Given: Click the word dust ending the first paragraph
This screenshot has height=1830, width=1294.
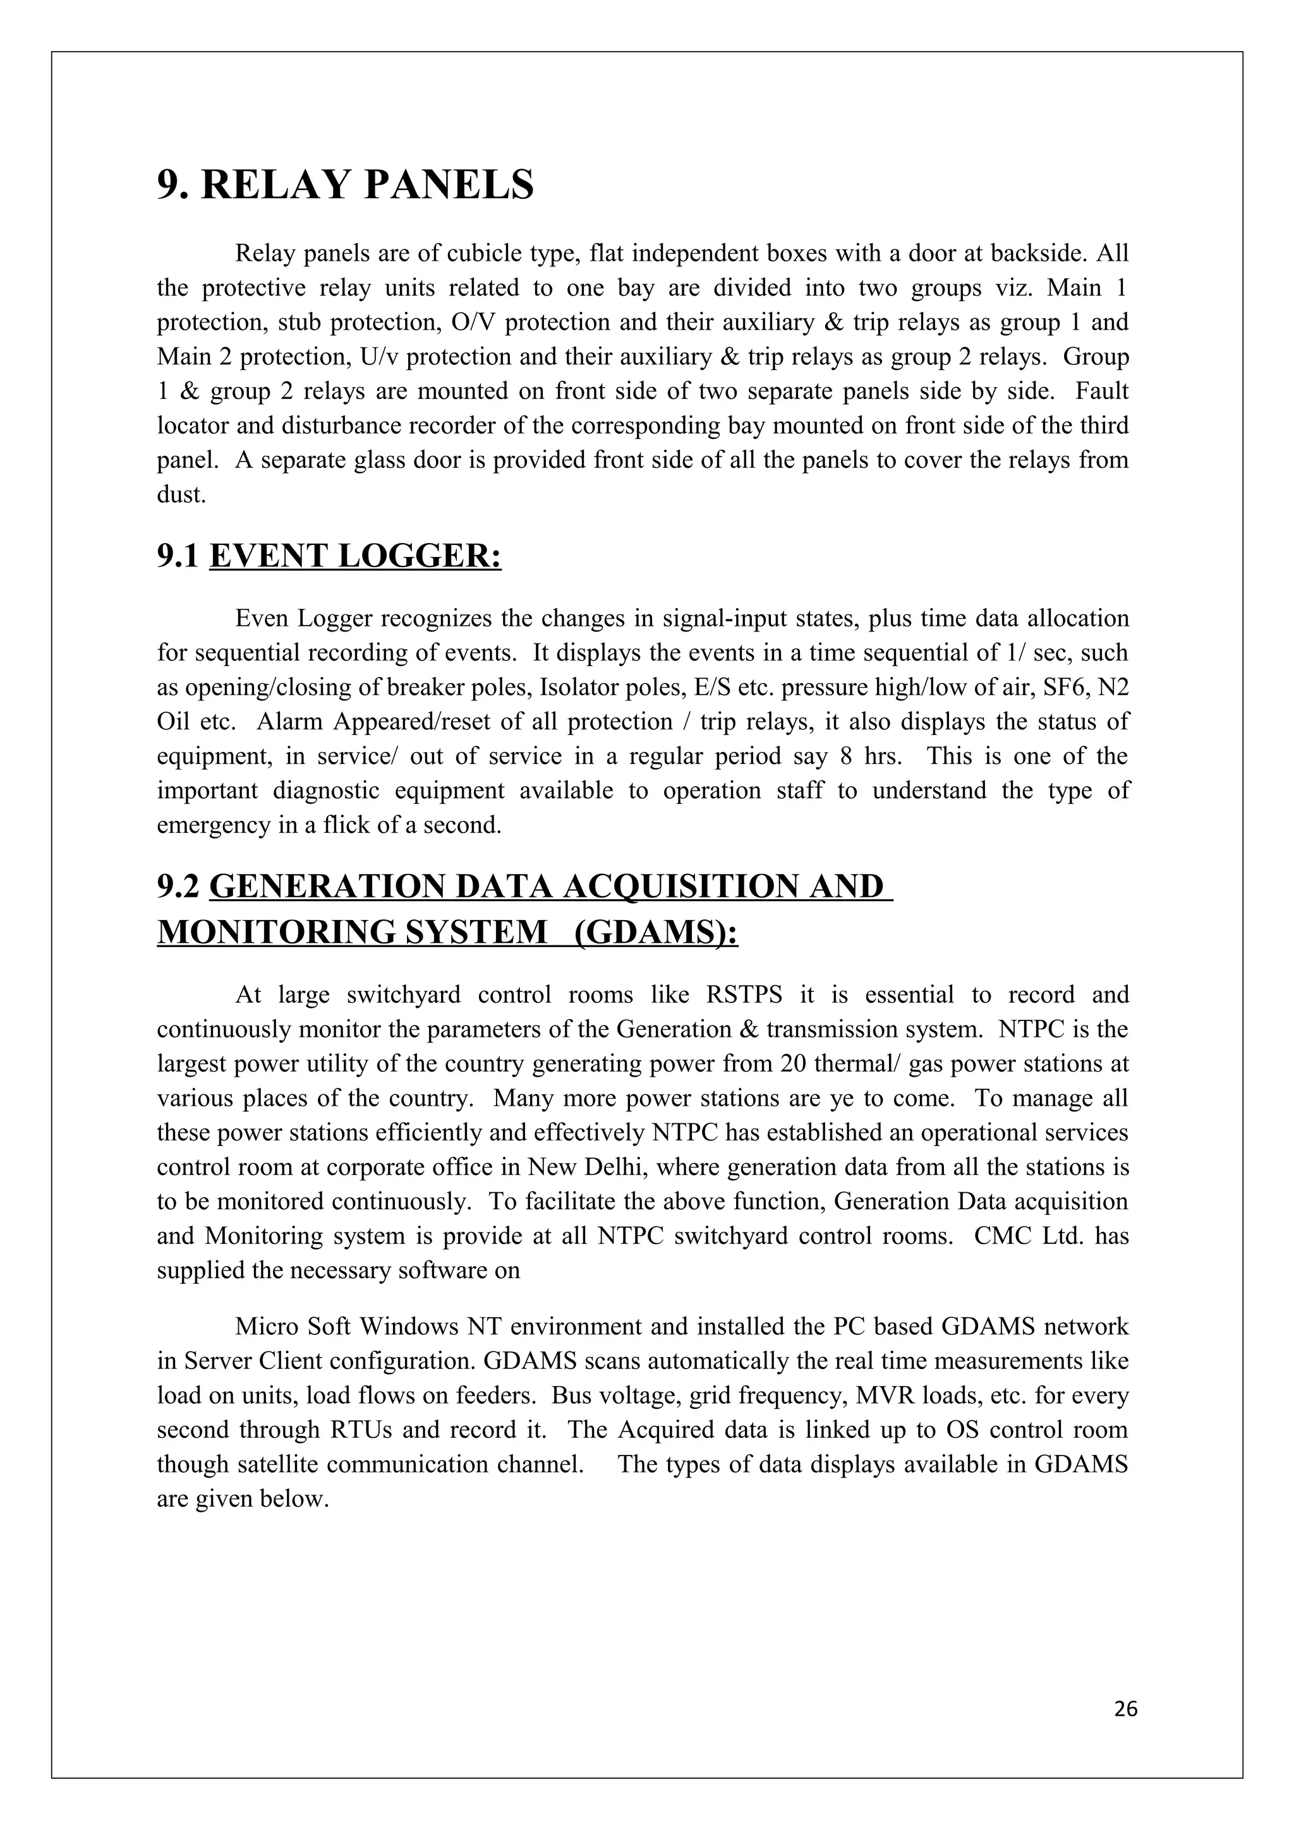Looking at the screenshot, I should pos(181,494).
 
